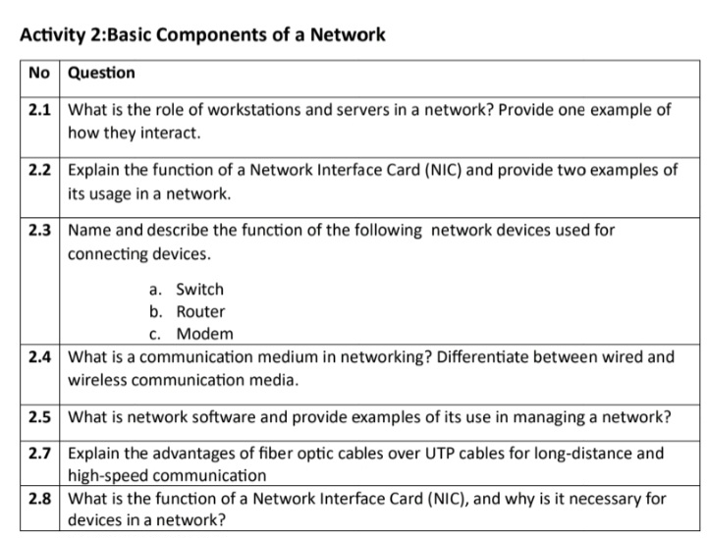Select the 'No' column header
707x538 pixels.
pos(38,74)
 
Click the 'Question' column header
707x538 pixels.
pos(102,74)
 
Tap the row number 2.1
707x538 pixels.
pos(39,110)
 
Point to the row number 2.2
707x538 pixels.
pos(39,170)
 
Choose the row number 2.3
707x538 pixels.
pos(39,230)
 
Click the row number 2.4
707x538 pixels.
pos(39,356)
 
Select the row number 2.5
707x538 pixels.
pos(39,416)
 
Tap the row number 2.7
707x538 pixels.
pos(39,454)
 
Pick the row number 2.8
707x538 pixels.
pos(39,499)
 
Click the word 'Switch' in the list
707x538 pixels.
pos(199,290)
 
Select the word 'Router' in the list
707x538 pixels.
pos(200,312)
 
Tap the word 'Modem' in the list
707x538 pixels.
pos(204,334)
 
